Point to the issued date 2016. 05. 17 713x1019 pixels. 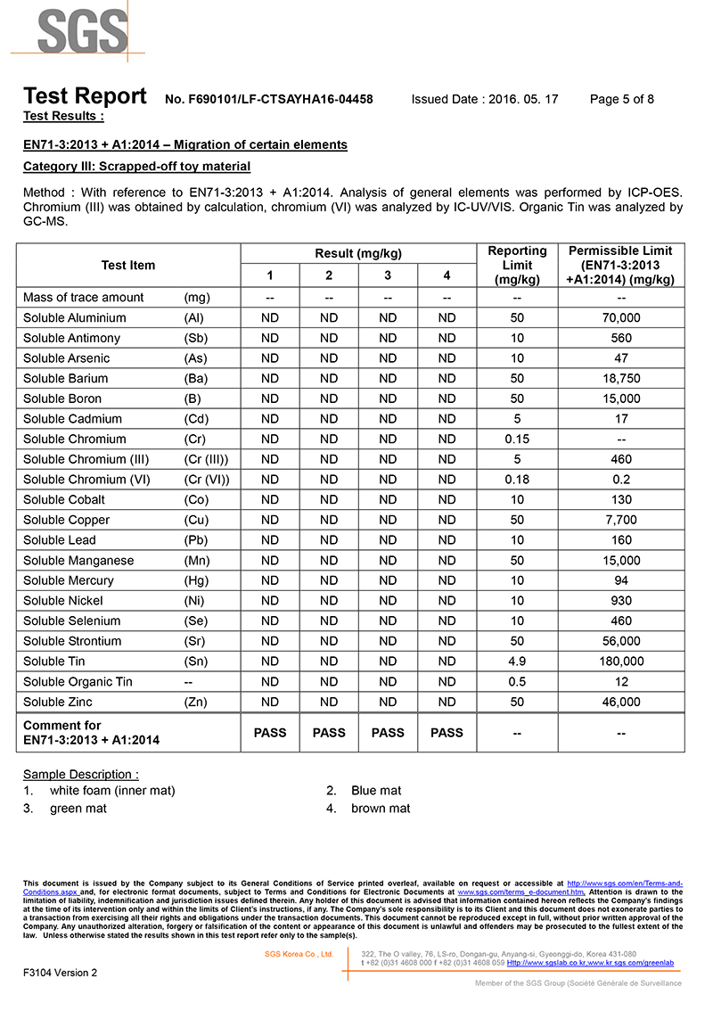point(523,99)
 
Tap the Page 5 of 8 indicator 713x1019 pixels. point(622,99)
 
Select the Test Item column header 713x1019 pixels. point(128,265)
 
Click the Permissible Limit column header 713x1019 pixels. point(620,265)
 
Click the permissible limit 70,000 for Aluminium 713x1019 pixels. point(621,318)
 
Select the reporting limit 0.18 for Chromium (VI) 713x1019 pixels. point(517,480)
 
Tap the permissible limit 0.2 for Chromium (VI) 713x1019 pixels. point(621,480)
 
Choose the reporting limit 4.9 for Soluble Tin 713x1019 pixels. point(517,662)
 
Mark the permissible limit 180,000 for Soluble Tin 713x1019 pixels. point(621,662)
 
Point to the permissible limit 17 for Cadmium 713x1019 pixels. point(621,419)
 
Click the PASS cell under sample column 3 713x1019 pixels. point(388,733)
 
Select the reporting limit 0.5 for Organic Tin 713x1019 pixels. point(517,682)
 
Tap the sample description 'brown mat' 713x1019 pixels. point(381,809)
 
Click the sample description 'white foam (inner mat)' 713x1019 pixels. point(112,791)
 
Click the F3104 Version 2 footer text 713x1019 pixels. point(61,973)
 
